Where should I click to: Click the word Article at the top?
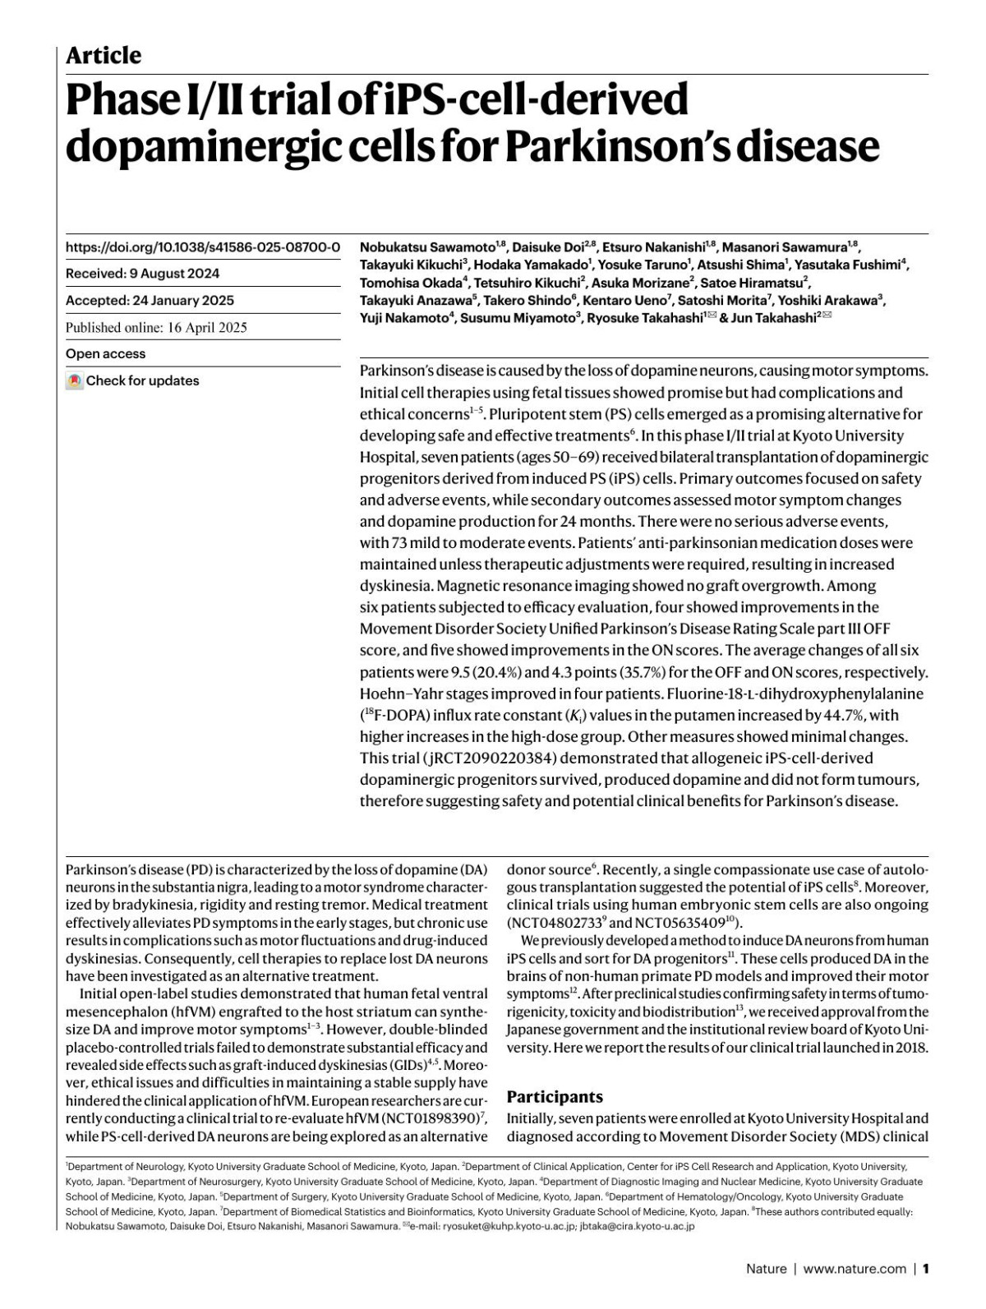(104, 56)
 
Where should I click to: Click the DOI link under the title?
(202, 247)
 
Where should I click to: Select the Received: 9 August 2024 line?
(142, 274)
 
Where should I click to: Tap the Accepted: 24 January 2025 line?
(150, 301)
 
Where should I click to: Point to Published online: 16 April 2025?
(156, 328)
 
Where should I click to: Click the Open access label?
(105, 354)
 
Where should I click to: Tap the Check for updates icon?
(75, 381)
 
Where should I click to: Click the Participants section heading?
(555, 1097)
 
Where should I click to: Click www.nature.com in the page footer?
(855, 1269)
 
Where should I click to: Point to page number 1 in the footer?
(926, 1269)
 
